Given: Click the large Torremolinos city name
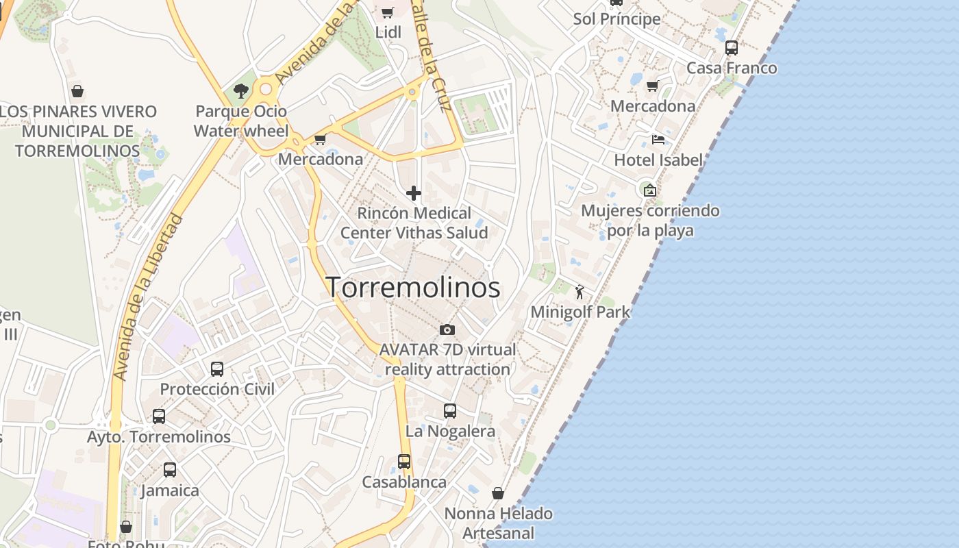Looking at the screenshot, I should [413, 288].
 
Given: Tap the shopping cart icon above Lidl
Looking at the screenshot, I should [387, 12].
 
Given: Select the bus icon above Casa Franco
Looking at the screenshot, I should [732, 48].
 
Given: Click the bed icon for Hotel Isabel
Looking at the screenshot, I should [658, 140].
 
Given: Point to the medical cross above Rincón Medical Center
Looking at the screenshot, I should [414, 193].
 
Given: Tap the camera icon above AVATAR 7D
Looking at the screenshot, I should [447, 330].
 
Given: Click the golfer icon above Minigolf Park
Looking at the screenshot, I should [580, 292].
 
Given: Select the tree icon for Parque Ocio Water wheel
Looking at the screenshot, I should [240, 90].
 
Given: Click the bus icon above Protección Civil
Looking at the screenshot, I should [217, 369].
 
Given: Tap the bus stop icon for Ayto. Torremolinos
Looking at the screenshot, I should [159, 416].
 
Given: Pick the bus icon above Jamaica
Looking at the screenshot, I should [170, 471].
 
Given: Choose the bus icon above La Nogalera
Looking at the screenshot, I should [450, 411].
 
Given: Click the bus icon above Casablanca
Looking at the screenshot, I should [404, 462].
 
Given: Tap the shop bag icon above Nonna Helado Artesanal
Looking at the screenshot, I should [498, 493].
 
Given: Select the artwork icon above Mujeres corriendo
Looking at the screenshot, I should [649, 190].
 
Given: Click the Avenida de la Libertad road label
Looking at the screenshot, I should [148, 297].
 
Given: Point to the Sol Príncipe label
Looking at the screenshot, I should [617, 19].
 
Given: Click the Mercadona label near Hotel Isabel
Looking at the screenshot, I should [653, 106].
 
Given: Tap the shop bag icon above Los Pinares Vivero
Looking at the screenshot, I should [77, 91].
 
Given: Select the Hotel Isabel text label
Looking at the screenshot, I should [658, 160].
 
